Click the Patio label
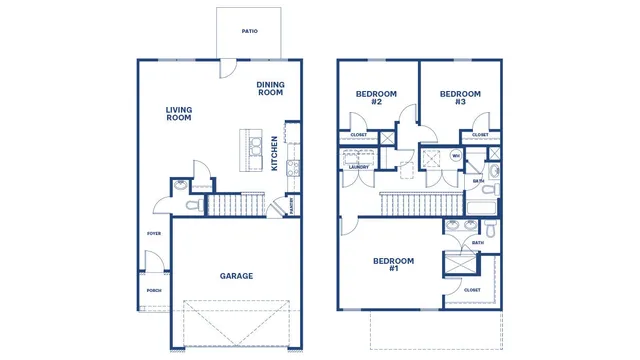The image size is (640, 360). [x=249, y=31]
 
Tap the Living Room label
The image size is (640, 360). [x=179, y=114]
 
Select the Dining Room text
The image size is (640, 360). [x=270, y=89]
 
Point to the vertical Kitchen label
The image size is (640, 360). [x=276, y=156]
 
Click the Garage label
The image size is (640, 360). [x=236, y=276]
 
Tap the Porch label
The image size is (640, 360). [x=154, y=291]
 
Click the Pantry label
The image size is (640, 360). [x=291, y=206]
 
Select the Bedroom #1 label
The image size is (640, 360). [x=393, y=265]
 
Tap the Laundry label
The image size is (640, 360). [x=358, y=167]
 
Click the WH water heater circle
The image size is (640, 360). [x=455, y=156]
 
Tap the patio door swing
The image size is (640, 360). [x=229, y=71]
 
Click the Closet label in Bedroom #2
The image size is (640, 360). [x=358, y=134]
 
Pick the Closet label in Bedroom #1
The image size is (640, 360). [x=472, y=290]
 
